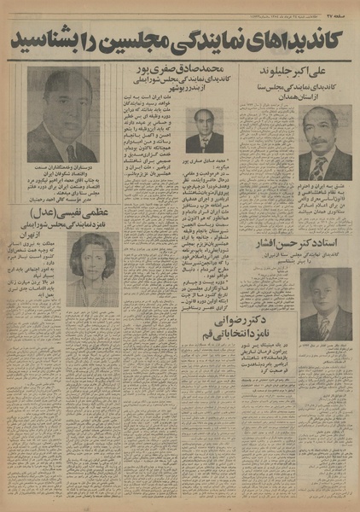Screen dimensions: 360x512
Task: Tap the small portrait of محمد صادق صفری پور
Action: pos(203,131)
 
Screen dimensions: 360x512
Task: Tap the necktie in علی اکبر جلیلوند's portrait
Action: pos(322,166)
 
